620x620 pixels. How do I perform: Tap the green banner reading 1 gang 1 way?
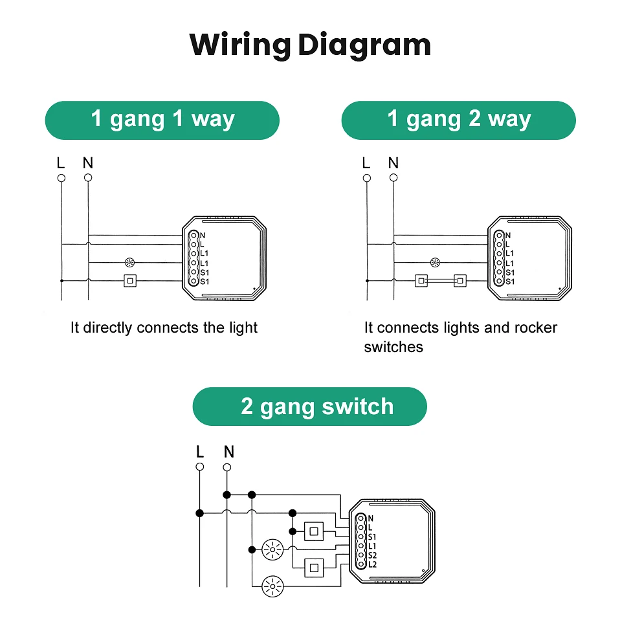point(162,120)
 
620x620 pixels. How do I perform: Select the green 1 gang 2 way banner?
point(458,120)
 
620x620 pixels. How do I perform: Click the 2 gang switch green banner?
point(310,406)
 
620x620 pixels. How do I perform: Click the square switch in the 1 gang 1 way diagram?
point(130,281)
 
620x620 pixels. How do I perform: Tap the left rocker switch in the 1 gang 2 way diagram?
point(421,281)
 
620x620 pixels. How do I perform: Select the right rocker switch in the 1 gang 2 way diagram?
point(460,281)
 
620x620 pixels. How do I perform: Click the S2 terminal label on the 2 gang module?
point(372,555)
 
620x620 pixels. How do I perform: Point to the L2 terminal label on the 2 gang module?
point(372,564)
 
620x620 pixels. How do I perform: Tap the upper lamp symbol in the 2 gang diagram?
point(272,550)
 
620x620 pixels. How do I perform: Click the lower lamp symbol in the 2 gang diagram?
point(272,588)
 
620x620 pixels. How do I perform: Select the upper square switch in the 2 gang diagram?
point(314,531)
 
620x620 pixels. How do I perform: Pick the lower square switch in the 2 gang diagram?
point(314,568)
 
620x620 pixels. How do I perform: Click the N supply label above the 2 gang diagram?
point(228,452)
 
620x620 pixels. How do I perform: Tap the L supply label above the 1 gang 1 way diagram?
point(61,162)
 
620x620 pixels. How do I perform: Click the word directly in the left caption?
point(108,328)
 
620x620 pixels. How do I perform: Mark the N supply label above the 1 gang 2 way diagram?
point(393,162)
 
